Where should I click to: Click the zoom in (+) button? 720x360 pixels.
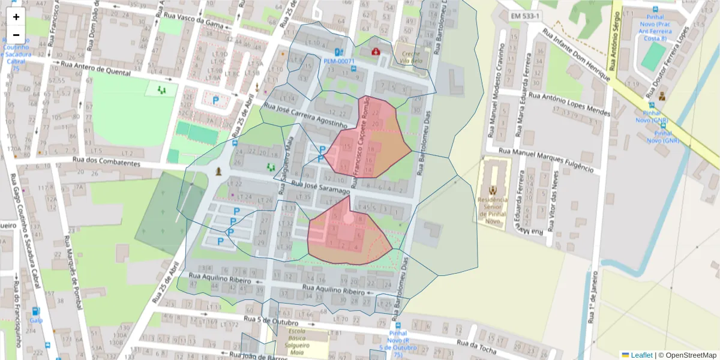[x=16, y=17]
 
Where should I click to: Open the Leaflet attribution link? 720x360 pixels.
[x=641, y=355]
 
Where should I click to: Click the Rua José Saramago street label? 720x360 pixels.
[x=320, y=187]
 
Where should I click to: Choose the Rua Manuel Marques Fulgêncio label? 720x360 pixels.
[x=549, y=160]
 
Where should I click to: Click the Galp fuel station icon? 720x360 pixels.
[x=36, y=311]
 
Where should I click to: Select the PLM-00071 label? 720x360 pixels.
[x=340, y=61]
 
